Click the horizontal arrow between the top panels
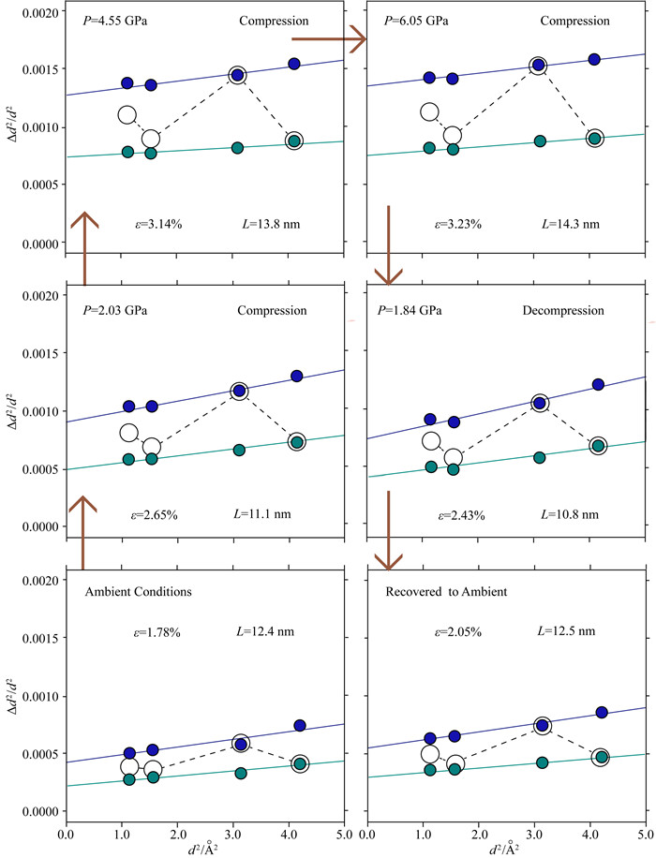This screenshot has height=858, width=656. (x=328, y=39)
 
